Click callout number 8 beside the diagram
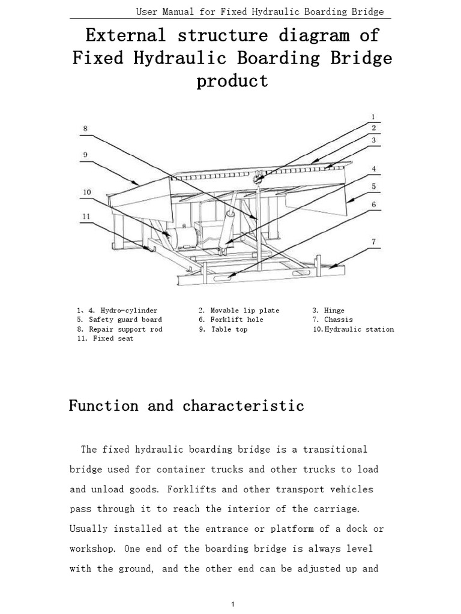pos(86,128)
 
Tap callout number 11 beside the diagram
pos(86,216)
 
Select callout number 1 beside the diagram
pos(373,117)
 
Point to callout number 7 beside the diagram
pos(373,242)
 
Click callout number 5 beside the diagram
pos(373,186)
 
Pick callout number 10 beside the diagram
pos(86,192)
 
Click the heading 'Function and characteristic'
pos(186,406)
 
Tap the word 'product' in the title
pos(232,81)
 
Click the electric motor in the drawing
pos(183,237)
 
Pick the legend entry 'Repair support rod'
pos(125,329)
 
